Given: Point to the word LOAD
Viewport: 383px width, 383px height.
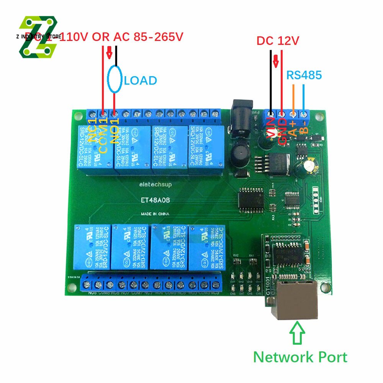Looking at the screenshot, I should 141,80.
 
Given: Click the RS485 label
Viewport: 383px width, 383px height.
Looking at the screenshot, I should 304,75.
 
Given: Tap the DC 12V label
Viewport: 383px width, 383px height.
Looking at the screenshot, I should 277,41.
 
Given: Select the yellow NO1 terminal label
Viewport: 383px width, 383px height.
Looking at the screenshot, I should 115,130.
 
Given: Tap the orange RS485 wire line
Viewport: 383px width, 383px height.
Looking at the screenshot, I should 293,98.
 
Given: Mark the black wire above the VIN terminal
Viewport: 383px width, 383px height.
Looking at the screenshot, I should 271,80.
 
